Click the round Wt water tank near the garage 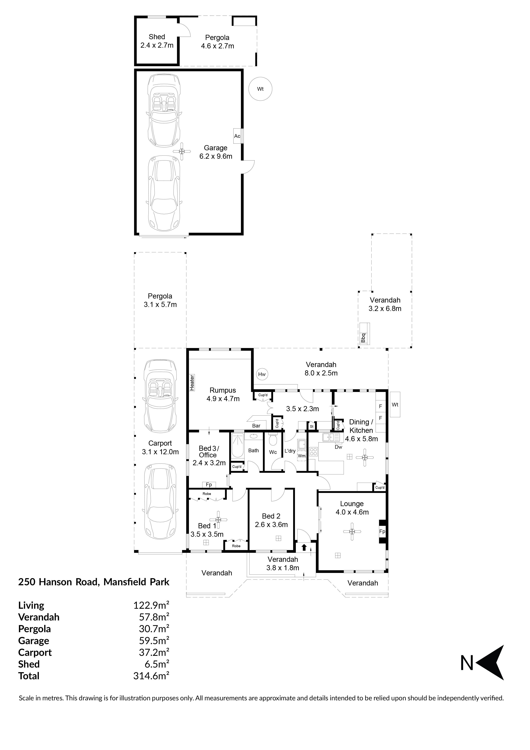click(x=260, y=89)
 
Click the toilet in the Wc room click(x=273, y=440)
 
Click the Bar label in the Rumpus click(x=256, y=426)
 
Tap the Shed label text click(x=157, y=37)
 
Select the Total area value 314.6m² click(x=151, y=676)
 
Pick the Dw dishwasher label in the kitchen click(x=338, y=447)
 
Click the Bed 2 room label click(x=271, y=516)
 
